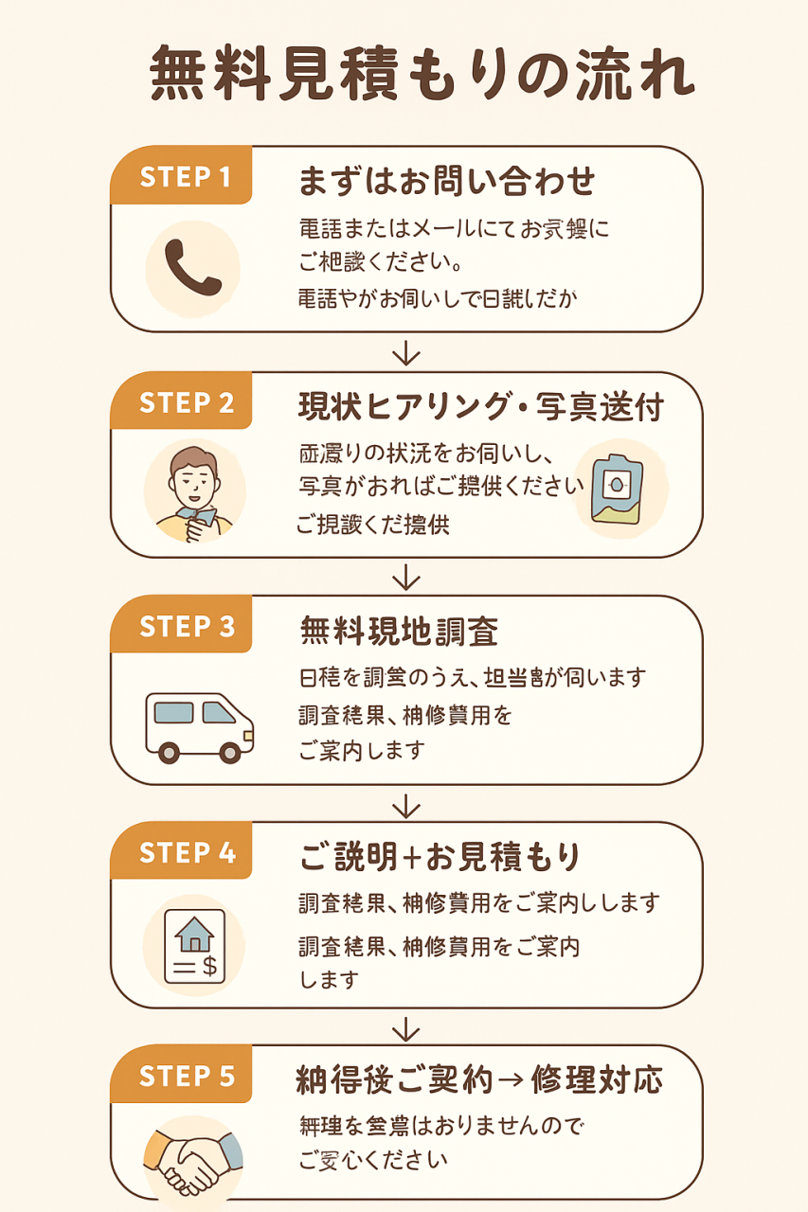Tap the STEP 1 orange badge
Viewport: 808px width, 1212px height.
(x=186, y=177)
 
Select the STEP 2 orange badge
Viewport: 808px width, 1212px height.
(x=186, y=402)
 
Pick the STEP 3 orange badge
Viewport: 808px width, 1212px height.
(x=186, y=627)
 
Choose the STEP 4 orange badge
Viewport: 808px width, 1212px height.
(x=186, y=852)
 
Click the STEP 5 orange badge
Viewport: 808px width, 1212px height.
(x=186, y=1077)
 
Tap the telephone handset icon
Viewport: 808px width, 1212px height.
(x=192, y=268)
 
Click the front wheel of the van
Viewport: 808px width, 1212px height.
(x=229, y=753)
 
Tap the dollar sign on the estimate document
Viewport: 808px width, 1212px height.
(x=209, y=965)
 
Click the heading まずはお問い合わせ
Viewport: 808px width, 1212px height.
(x=447, y=179)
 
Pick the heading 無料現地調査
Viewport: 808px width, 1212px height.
(x=399, y=631)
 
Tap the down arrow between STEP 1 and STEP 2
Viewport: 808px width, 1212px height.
(x=405, y=353)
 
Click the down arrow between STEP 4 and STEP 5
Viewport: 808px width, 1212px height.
(x=405, y=1027)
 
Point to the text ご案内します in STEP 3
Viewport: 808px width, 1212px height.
(x=362, y=751)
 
